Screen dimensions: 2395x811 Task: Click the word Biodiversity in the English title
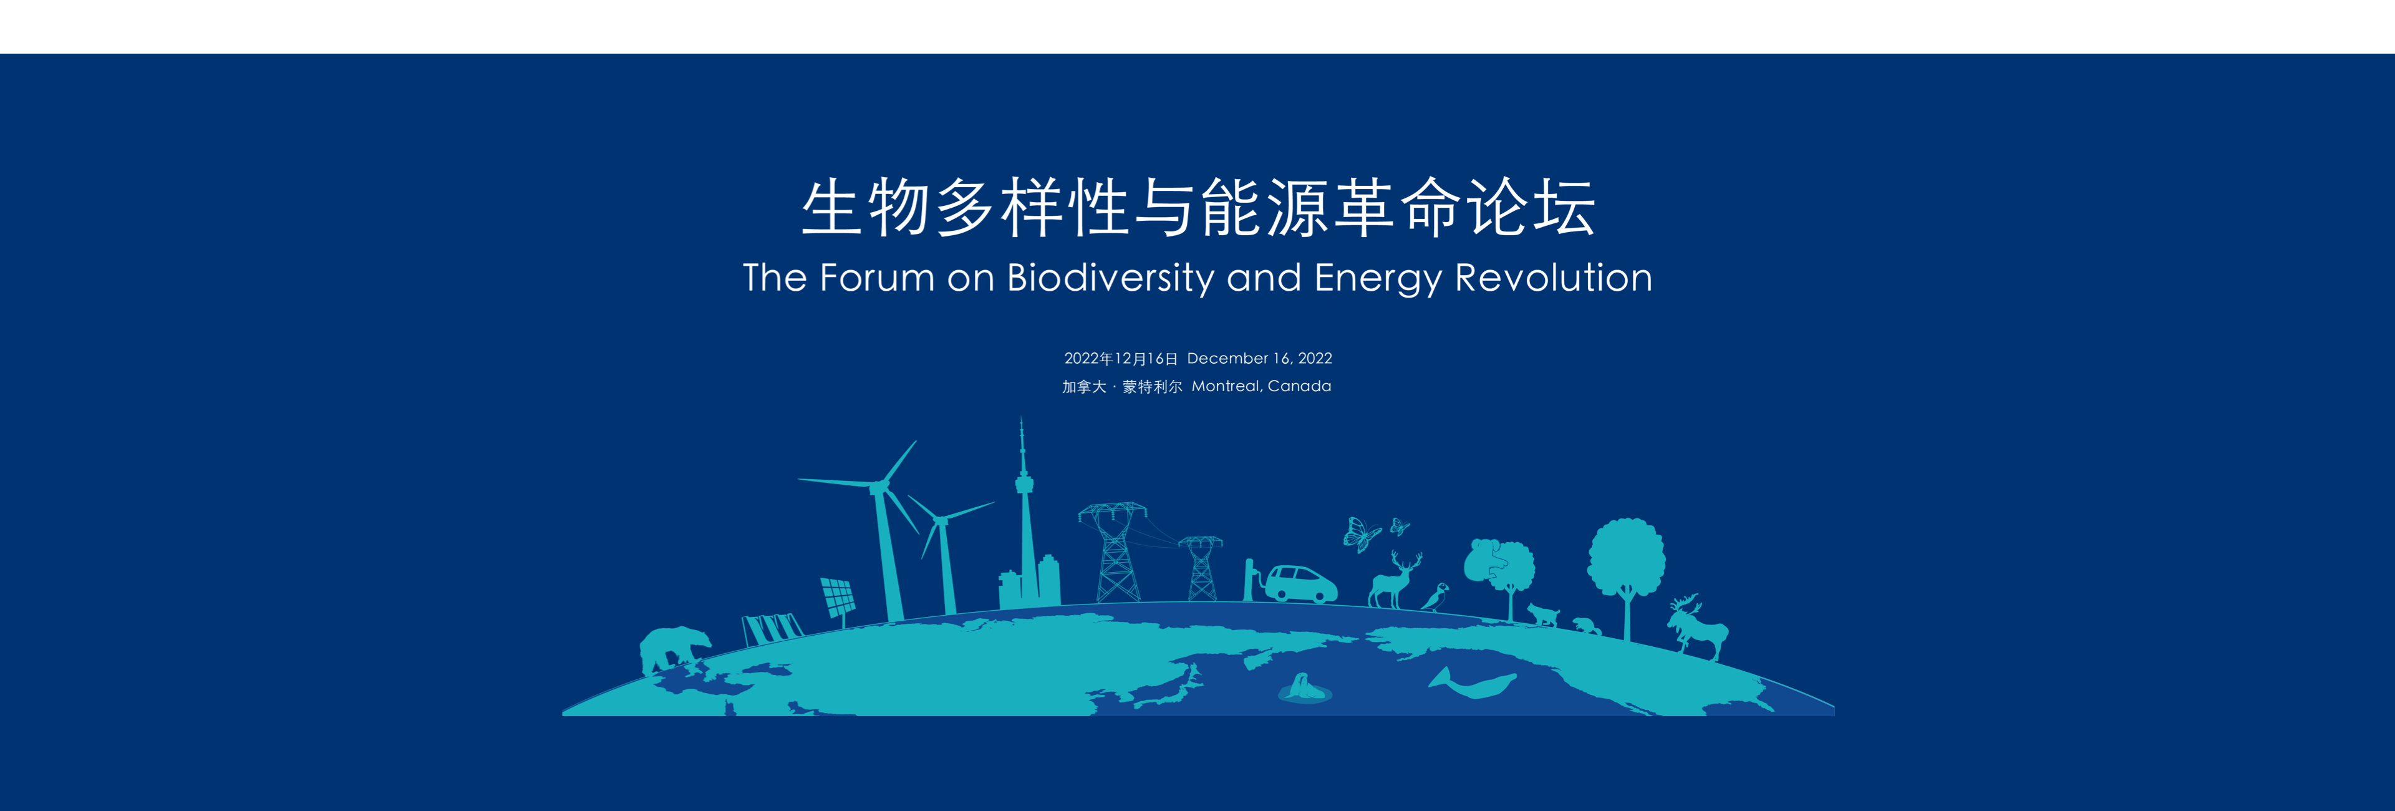pyautogui.click(x=1111, y=278)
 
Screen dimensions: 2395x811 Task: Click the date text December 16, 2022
pyautogui.click(x=1260, y=358)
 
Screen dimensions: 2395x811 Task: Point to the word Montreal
pyautogui.click(x=1226, y=386)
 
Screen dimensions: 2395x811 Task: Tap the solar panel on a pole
pyautogui.click(x=838, y=598)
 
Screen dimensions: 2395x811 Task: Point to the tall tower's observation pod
pyautogui.click(x=1023, y=483)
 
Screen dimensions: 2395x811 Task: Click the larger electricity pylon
pyautogui.click(x=1114, y=553)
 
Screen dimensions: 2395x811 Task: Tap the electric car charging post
pyautogui.click(x=1249, y=580)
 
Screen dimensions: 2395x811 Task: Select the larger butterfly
pyautogui.click(x=1361, y=535)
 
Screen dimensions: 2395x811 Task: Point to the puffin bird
pyautogui.click(x=1434, y=597)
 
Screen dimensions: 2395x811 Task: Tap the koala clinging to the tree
pyautogui.click(x=1491, y=559)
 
